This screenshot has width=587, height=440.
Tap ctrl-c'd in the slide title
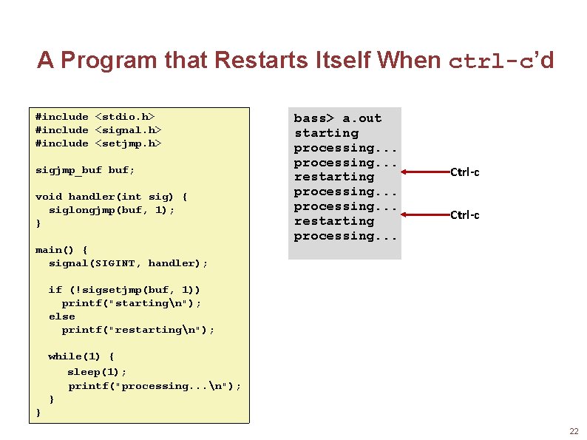click(x=501, y=60)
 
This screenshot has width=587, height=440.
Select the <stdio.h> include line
click(x=95, y=116)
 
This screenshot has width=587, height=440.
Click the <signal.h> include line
click(x=98, y=129)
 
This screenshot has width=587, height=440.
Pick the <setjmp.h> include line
click(x=98, y=143)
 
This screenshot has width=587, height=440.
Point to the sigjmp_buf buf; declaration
click(x=85, y=169)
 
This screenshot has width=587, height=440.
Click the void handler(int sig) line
click(x=112, y=196)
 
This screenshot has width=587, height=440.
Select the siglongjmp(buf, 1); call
click(x=112, y=209)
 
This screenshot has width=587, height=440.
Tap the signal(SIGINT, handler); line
click(x=128, y=263)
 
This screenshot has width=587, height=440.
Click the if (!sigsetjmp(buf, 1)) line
click(x=124, y=289)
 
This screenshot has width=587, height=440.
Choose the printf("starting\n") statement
click(x=131, y=302)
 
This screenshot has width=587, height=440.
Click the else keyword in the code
click(x=61, y=316)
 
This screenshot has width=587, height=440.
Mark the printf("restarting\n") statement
click(x=138, y=329)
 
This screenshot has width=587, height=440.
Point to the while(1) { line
click(x=81, y=356)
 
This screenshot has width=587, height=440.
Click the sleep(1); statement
click(x=98, y=371)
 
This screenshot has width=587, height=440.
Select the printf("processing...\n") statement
click(x=155, y=385)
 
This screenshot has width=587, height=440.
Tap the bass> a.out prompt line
click(x=338, y=118)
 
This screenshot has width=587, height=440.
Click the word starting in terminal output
click(x=326, y=133)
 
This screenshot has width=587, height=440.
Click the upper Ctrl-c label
click(x=465, y=172)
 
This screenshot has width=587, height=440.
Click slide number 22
click(x=574, y=431)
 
